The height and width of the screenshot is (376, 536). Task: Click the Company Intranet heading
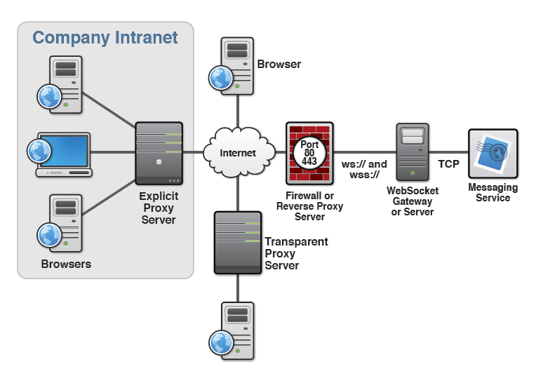(105, 37)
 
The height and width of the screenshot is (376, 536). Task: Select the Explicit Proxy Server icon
(159, 153)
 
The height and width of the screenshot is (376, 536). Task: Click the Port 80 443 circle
(309, 153)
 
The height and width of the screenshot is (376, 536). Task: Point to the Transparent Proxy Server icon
(237, 242)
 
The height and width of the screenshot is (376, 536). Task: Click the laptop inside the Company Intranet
(63, 154)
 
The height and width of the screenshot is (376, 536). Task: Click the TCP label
(449, 164)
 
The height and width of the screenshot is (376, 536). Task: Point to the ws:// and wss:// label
(364, 169)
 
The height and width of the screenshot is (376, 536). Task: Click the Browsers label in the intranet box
(66, 264)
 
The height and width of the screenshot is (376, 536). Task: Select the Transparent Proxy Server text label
(296, 253)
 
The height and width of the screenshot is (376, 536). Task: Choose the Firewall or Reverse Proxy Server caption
(309, 206)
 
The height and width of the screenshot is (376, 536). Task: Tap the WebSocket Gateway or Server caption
(413, 201)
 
